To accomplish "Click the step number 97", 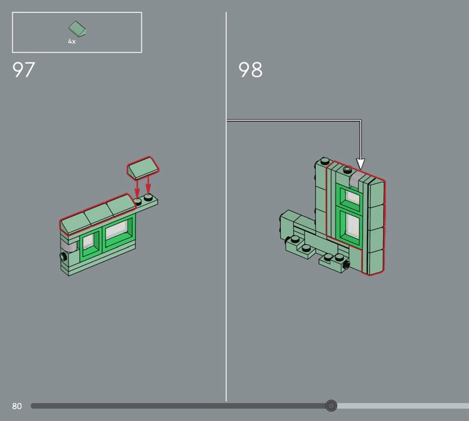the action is pyautogui.click(x=23, y=70).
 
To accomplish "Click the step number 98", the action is pyautogui.click(x=250, y=70).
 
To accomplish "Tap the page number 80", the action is pyautogui.click(x=17, y=406).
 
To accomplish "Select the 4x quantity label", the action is pyautogui.click(x=72, y=42).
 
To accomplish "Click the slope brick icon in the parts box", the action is pyautogui.click(x=77, y=29).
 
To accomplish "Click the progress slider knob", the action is pyautogui.click(x=331, y=406).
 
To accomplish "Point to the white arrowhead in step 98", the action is pyautogui.click(x=361, y=164).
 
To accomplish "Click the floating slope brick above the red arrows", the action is pyautogui.click(x=143, y=168).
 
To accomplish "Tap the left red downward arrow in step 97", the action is pyautogui.click(x=137, y=188).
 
